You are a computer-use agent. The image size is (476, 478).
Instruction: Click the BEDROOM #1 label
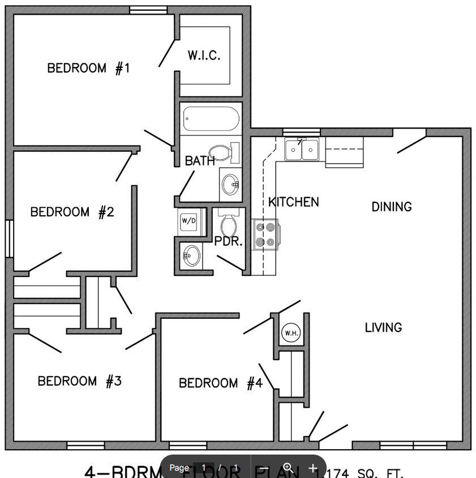(x=88, y=69)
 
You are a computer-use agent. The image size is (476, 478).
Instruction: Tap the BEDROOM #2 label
(x=72, y=212)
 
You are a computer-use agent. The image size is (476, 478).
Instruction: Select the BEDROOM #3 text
(x=79, y=381)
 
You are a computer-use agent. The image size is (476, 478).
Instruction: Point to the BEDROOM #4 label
(x=221, y=383)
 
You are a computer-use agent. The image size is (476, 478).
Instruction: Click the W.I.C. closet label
(x=204, y=56)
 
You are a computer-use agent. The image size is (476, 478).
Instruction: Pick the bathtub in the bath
(x=211, y=119)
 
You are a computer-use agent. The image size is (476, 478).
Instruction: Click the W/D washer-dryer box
(x=188, y=220)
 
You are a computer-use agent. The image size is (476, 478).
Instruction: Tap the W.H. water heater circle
(x=291, y=332)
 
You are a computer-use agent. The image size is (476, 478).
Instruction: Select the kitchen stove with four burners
(x=266, y=234)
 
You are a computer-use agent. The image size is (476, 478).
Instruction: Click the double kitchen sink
(x=302, y=150)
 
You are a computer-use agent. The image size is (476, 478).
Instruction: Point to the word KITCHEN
(x=293, y=202)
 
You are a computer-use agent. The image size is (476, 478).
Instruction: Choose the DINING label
(x=392, y=207)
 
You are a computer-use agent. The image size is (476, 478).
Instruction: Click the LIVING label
(x=383, y=327)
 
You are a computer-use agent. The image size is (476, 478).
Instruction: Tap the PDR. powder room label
(x=228, y=242)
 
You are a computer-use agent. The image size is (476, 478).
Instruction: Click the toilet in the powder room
(x=229, y=224)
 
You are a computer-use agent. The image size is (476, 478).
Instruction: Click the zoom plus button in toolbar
(x=313, y=468)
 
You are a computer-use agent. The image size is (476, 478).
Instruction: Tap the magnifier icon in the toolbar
(x=288, y=468)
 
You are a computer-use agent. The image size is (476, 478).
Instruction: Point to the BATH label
(x=200, y=161)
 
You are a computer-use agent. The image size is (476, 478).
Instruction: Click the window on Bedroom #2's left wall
(x=9, y=238)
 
